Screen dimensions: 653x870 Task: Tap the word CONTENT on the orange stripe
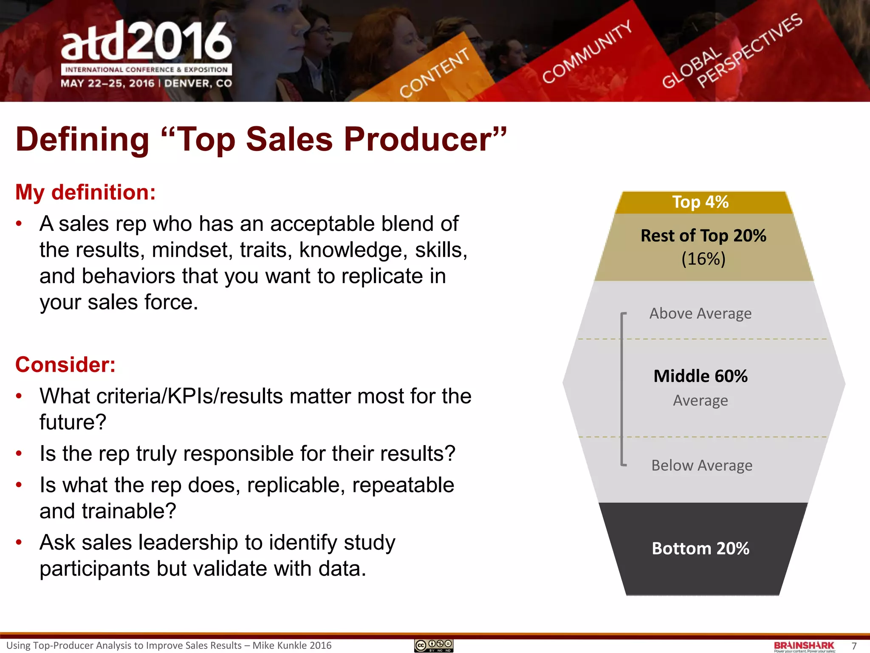(435, 73)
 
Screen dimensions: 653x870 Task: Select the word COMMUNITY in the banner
(587, 52)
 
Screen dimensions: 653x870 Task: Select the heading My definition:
(85, 192)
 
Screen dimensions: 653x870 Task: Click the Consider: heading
(65, 365)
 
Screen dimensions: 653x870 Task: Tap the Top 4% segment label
(700, 202)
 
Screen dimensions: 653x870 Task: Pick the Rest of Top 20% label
(703, 236)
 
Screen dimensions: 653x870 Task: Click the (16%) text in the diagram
(703, 259)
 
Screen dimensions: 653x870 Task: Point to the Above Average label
(700, 314)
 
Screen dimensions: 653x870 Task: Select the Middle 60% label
(700, 376)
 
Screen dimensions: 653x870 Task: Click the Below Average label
(701, 466)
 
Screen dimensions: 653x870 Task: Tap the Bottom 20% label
(700, 548)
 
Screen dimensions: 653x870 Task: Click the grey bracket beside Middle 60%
(622, 389)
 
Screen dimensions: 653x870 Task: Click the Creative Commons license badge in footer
(434, 645)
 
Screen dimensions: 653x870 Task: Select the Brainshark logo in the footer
(804, 646)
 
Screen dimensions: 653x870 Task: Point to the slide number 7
(854, 646)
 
